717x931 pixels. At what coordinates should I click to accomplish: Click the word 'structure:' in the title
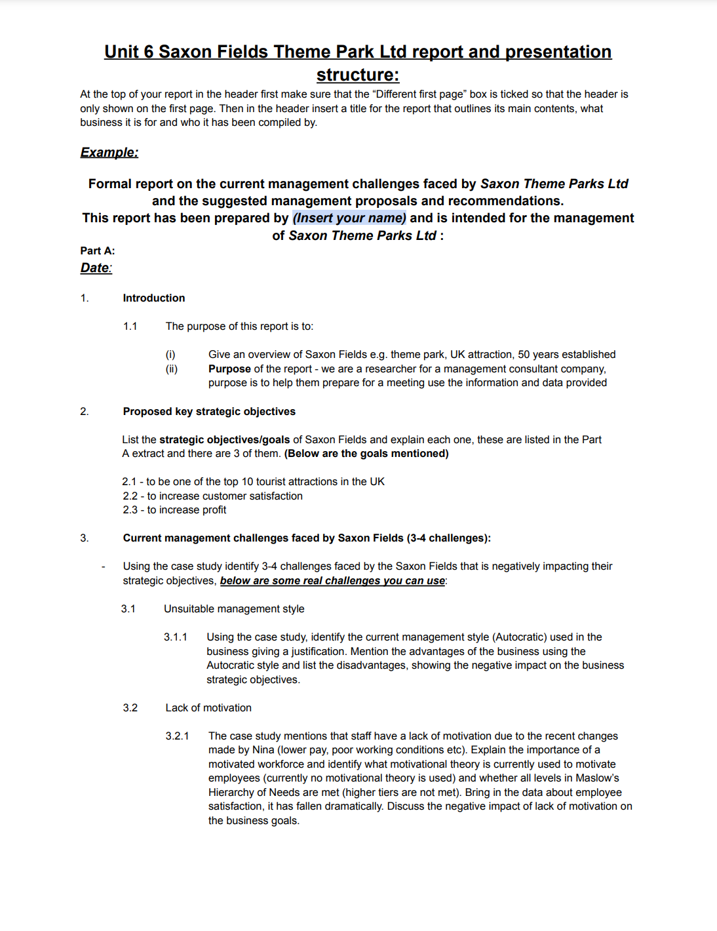click(x=358, y=75)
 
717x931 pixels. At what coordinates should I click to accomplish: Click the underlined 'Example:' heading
click(x=109, y=152)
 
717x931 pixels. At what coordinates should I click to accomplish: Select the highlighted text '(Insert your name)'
click(x=349, y=218)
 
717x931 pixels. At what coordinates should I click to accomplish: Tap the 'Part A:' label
click(x=98, y=250)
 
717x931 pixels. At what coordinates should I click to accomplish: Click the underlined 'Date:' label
click(x=96, y=267)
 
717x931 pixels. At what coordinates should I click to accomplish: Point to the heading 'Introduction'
click(x=154, y=298)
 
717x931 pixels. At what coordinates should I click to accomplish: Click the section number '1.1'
click(x=130, y=326)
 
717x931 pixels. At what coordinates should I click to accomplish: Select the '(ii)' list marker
click(x=172, y=368)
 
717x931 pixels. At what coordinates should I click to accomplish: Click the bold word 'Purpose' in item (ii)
click(x=229, y=368)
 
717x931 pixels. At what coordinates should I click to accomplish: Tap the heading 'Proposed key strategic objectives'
click(x=209, y=411)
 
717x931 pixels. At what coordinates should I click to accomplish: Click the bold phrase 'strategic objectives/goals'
click(x=225, y=439)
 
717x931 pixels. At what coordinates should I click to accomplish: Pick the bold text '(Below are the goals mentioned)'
click(x=366, y=453)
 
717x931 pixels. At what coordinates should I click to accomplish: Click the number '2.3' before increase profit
click(x=130, y=509)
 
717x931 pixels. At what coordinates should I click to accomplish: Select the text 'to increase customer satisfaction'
click(x=225, y=496)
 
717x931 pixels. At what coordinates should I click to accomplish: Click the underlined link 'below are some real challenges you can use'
click(x=332, y=580)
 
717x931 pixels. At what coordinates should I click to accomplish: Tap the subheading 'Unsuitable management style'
click(x=234, y=608)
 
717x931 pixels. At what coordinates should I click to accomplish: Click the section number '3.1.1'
click(x=176, y=637)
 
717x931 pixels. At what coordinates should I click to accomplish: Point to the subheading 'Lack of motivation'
click(x=208, y=707)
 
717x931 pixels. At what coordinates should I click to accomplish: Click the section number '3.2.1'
click(x=177, y=736)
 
